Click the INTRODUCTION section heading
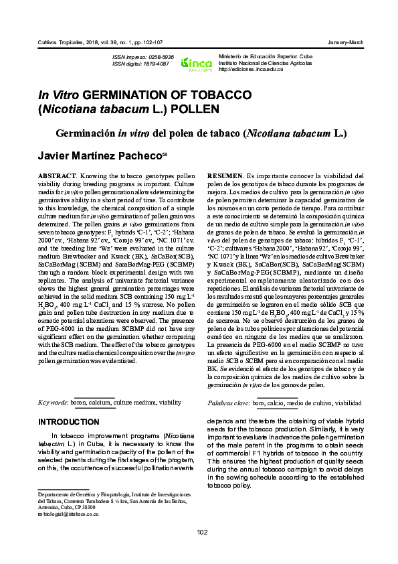pyautogui.click(x=69, y=422)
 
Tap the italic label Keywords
pyautogui.click(x=51, y=402)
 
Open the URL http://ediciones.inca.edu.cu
pyautogui.click(x=251, y=70)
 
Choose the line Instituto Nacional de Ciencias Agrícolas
pyautogui.click(x=266, y=64)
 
